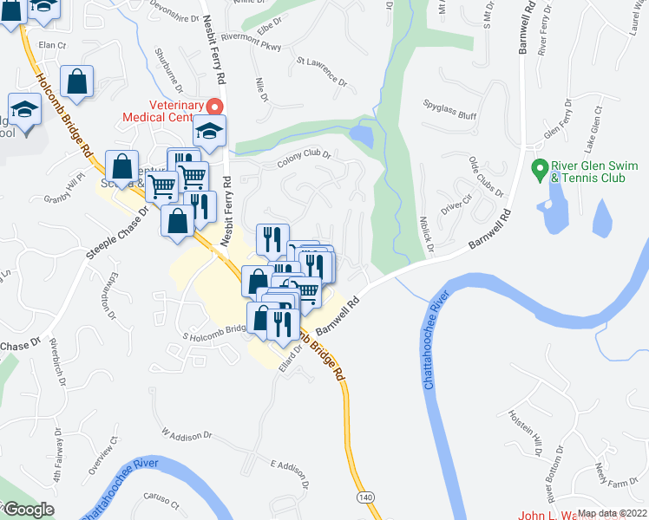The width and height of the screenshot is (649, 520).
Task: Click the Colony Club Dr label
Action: click(x=305, y=160)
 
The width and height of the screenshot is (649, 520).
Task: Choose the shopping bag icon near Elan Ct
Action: click(x=77, y=81)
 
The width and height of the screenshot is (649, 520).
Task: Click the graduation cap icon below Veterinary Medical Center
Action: click(x=208, y=130)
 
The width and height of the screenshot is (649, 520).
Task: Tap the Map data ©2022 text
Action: click(x=612, y=513)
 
